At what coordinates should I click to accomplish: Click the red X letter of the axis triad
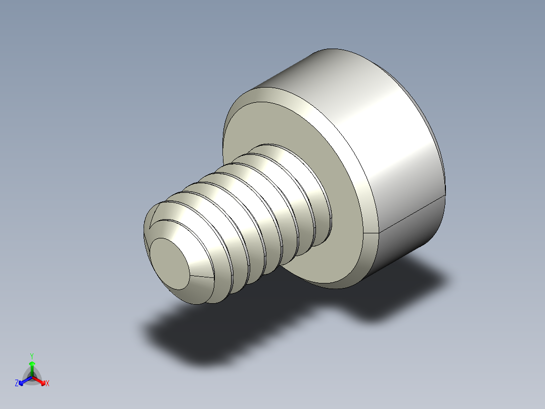(x=48, y=384)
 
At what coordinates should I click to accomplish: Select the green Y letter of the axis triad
(x=31, y=356)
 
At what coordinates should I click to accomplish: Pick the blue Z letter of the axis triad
(x=17, y=383)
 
